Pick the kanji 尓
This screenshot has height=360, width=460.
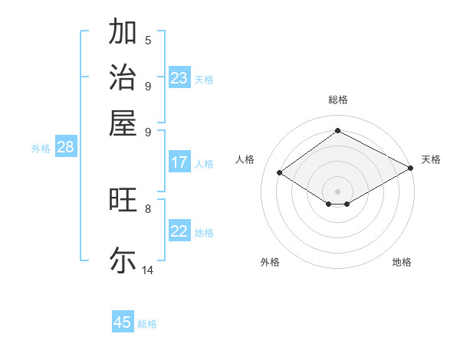tap(123, 260)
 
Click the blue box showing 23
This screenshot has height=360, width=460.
tap(179, 78)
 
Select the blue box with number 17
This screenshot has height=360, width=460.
tap(179, 162)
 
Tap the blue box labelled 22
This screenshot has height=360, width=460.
tap(179, 231)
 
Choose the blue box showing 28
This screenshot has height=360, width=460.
tap(65, 148)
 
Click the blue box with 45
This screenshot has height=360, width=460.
tap(123, 322)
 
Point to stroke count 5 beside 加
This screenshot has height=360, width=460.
tap(148, 40)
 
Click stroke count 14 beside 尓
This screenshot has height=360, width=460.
tap(148, 270)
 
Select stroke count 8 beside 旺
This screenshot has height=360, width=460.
tap(148, 208)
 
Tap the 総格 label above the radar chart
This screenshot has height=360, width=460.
tap(338, 100)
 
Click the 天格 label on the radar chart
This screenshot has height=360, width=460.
tap(432, 159)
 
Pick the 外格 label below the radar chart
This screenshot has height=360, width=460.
tap(270, 262)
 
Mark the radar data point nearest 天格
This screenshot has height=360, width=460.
tap(411, 168)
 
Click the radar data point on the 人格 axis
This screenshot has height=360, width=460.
tap(280, 173)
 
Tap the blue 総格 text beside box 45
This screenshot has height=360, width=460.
tap(147, 323)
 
